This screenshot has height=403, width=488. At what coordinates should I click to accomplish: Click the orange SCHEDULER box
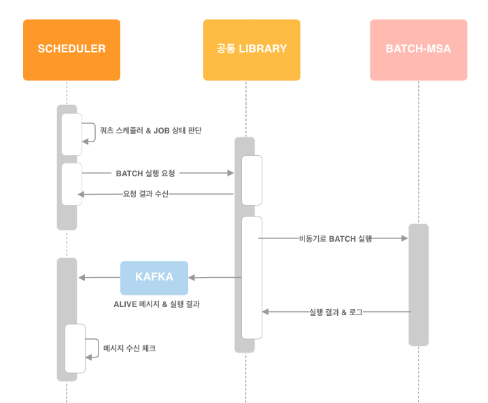(x=71, y=50)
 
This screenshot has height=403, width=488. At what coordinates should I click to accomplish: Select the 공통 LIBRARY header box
(x=251, y=50)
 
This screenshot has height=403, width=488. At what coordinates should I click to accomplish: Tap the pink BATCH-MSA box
(x=418, y=50)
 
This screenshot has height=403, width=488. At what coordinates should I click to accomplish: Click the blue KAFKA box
(x=154, y=278)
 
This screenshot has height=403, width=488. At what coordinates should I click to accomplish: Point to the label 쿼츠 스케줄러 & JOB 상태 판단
(x=150, y=130)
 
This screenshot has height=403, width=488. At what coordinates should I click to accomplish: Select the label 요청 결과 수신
(x=145, y=194)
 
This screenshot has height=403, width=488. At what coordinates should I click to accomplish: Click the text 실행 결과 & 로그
(x=336, y=312)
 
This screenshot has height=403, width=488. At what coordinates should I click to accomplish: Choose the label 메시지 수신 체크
(x=129, y=348)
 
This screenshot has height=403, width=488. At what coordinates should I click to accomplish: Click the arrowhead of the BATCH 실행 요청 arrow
(x=230, y=174)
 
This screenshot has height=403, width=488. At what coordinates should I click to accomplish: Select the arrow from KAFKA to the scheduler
(x=99, y=278)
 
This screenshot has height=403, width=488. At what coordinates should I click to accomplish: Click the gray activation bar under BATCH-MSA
(x=418, y=285)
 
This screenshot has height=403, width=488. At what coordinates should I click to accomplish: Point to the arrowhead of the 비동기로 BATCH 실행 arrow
(x=404, y=238)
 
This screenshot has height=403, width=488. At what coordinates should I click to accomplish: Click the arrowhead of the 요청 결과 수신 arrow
(x=81, y=195)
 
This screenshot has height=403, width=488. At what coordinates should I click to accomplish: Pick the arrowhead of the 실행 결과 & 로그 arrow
(x=266, y=312)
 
